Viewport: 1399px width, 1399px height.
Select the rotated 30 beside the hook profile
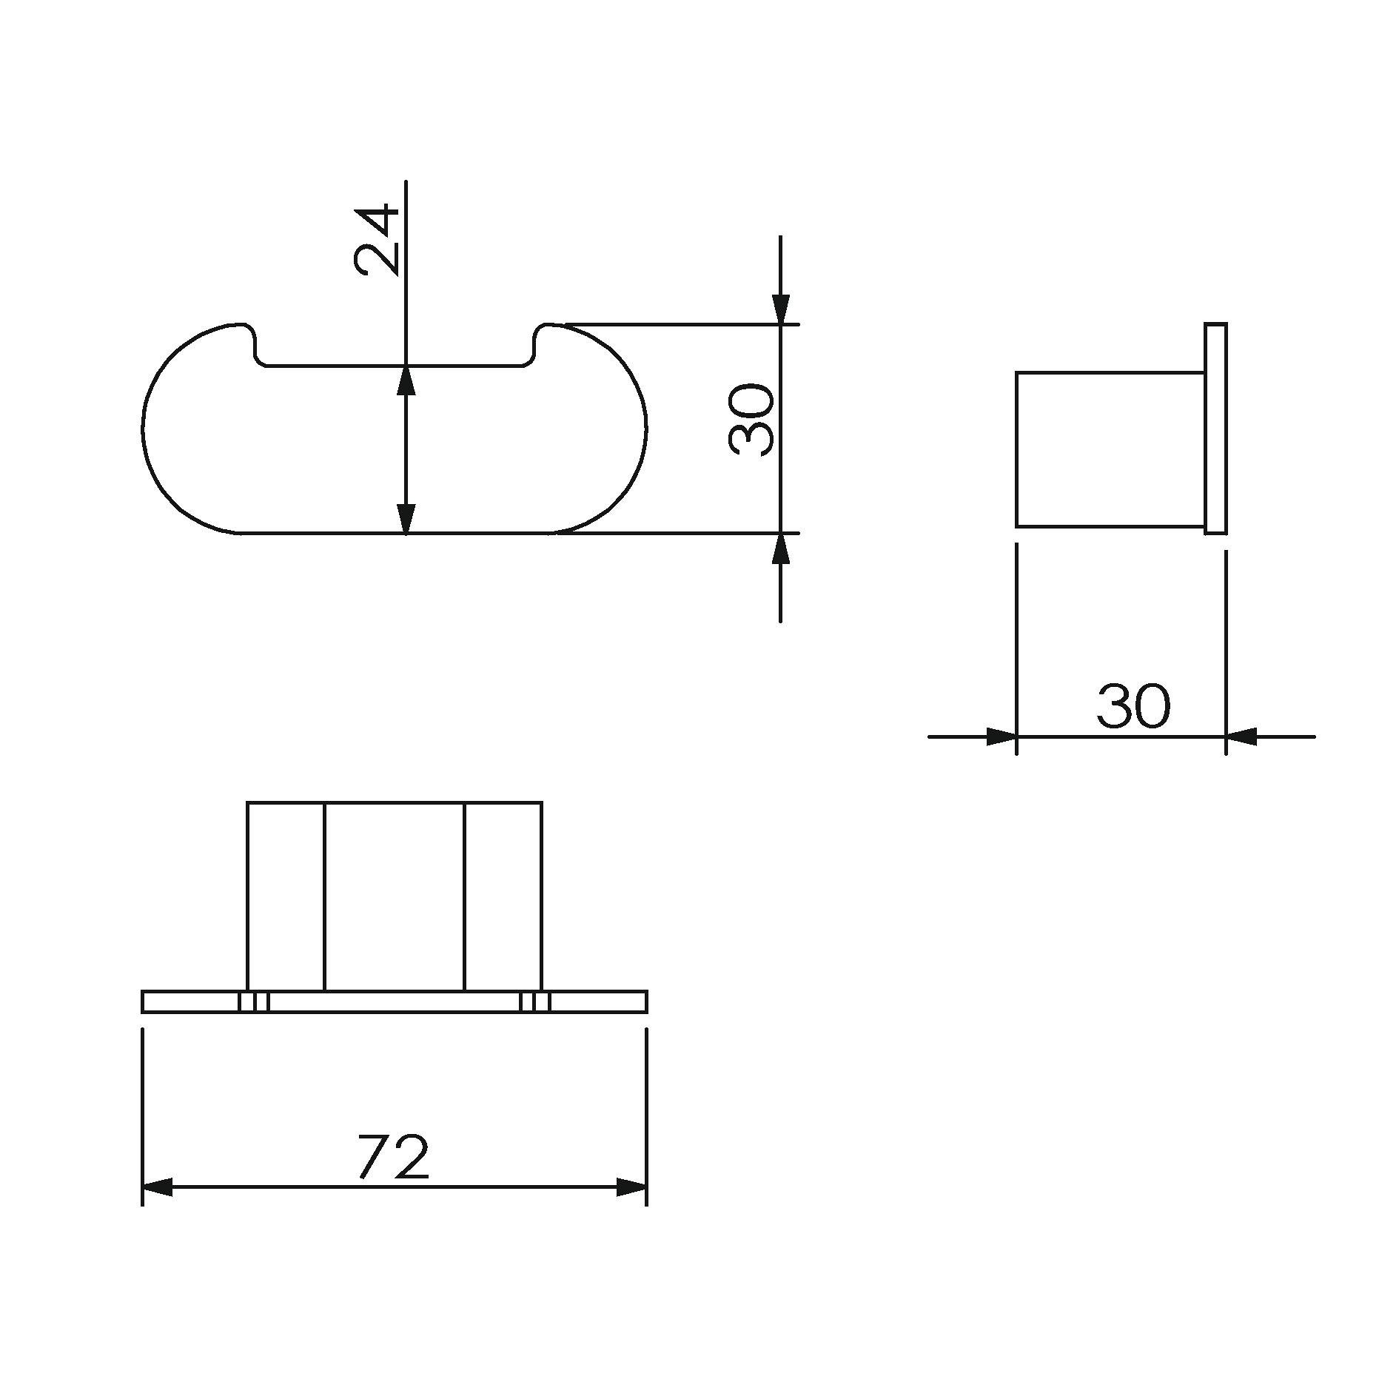pyautogui.click(x=751, y=419)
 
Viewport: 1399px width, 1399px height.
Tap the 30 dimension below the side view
pyautogui.click(x=1133, y=705)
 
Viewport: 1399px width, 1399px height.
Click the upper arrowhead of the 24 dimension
pyautogui.click(x=406, y=380)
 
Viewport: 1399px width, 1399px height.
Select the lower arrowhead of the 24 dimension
pyautogui.click(x=406, y=517)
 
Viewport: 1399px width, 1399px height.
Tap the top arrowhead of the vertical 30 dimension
pyautogui.click(x=780, y=309)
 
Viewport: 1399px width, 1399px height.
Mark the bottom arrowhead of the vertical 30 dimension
pyautogui.click(x=780, y=548)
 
